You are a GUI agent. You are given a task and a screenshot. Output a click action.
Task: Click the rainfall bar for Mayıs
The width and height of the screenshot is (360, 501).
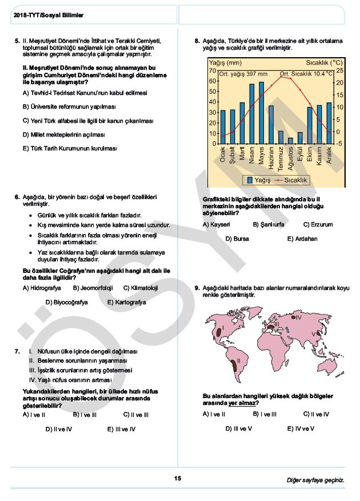click(x=262, y=113)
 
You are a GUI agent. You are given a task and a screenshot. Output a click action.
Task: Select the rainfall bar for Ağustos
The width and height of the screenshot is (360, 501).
click(x=290, y=140)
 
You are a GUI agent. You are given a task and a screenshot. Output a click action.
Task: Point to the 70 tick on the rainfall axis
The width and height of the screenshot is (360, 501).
click(x=213, y=70)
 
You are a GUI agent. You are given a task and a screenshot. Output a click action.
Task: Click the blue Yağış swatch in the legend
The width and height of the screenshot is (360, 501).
click(x=250, y=180)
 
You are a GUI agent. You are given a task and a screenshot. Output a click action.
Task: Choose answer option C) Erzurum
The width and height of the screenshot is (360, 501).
click(x=318, y=225)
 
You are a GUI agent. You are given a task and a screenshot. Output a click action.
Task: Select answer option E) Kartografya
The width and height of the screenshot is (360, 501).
click(x=126, y=302)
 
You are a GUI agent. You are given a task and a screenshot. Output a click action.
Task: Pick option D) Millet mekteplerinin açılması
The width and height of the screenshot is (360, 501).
click(x=64, y=135)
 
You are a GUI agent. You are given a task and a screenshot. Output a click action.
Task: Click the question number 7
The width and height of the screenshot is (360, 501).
click(x=17, y=351)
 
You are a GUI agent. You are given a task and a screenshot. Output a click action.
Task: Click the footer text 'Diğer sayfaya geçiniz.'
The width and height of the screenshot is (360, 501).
click(x=315, y=480)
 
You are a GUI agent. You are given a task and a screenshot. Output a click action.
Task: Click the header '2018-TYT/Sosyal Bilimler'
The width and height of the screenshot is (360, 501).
click(x=48, y=15)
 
